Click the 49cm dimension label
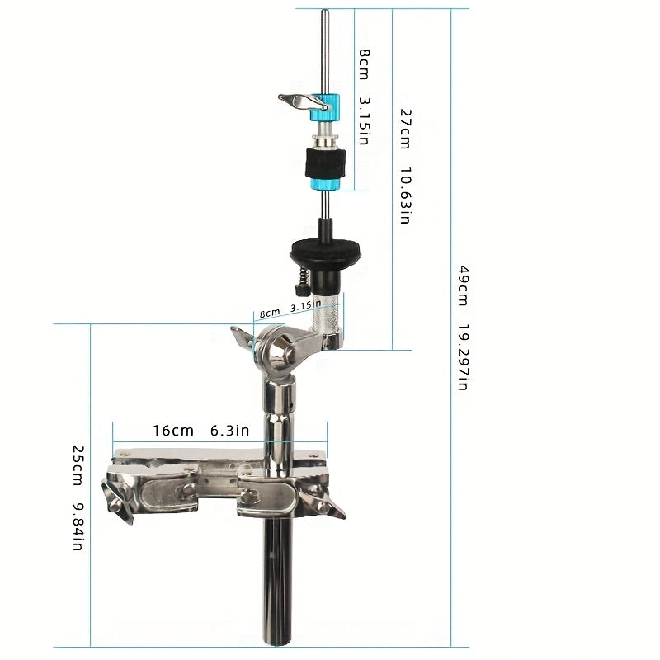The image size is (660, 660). [463, 285]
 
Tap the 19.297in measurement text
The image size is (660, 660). [463, 357]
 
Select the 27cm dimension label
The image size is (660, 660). [405, 129]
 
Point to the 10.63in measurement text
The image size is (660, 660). [405, 195]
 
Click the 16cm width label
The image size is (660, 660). [173, 431]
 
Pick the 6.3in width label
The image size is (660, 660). [230, 431]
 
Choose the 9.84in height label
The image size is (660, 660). [78, 526]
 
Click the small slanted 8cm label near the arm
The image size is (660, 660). [270, 313]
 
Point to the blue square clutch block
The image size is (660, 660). [325, 108]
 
